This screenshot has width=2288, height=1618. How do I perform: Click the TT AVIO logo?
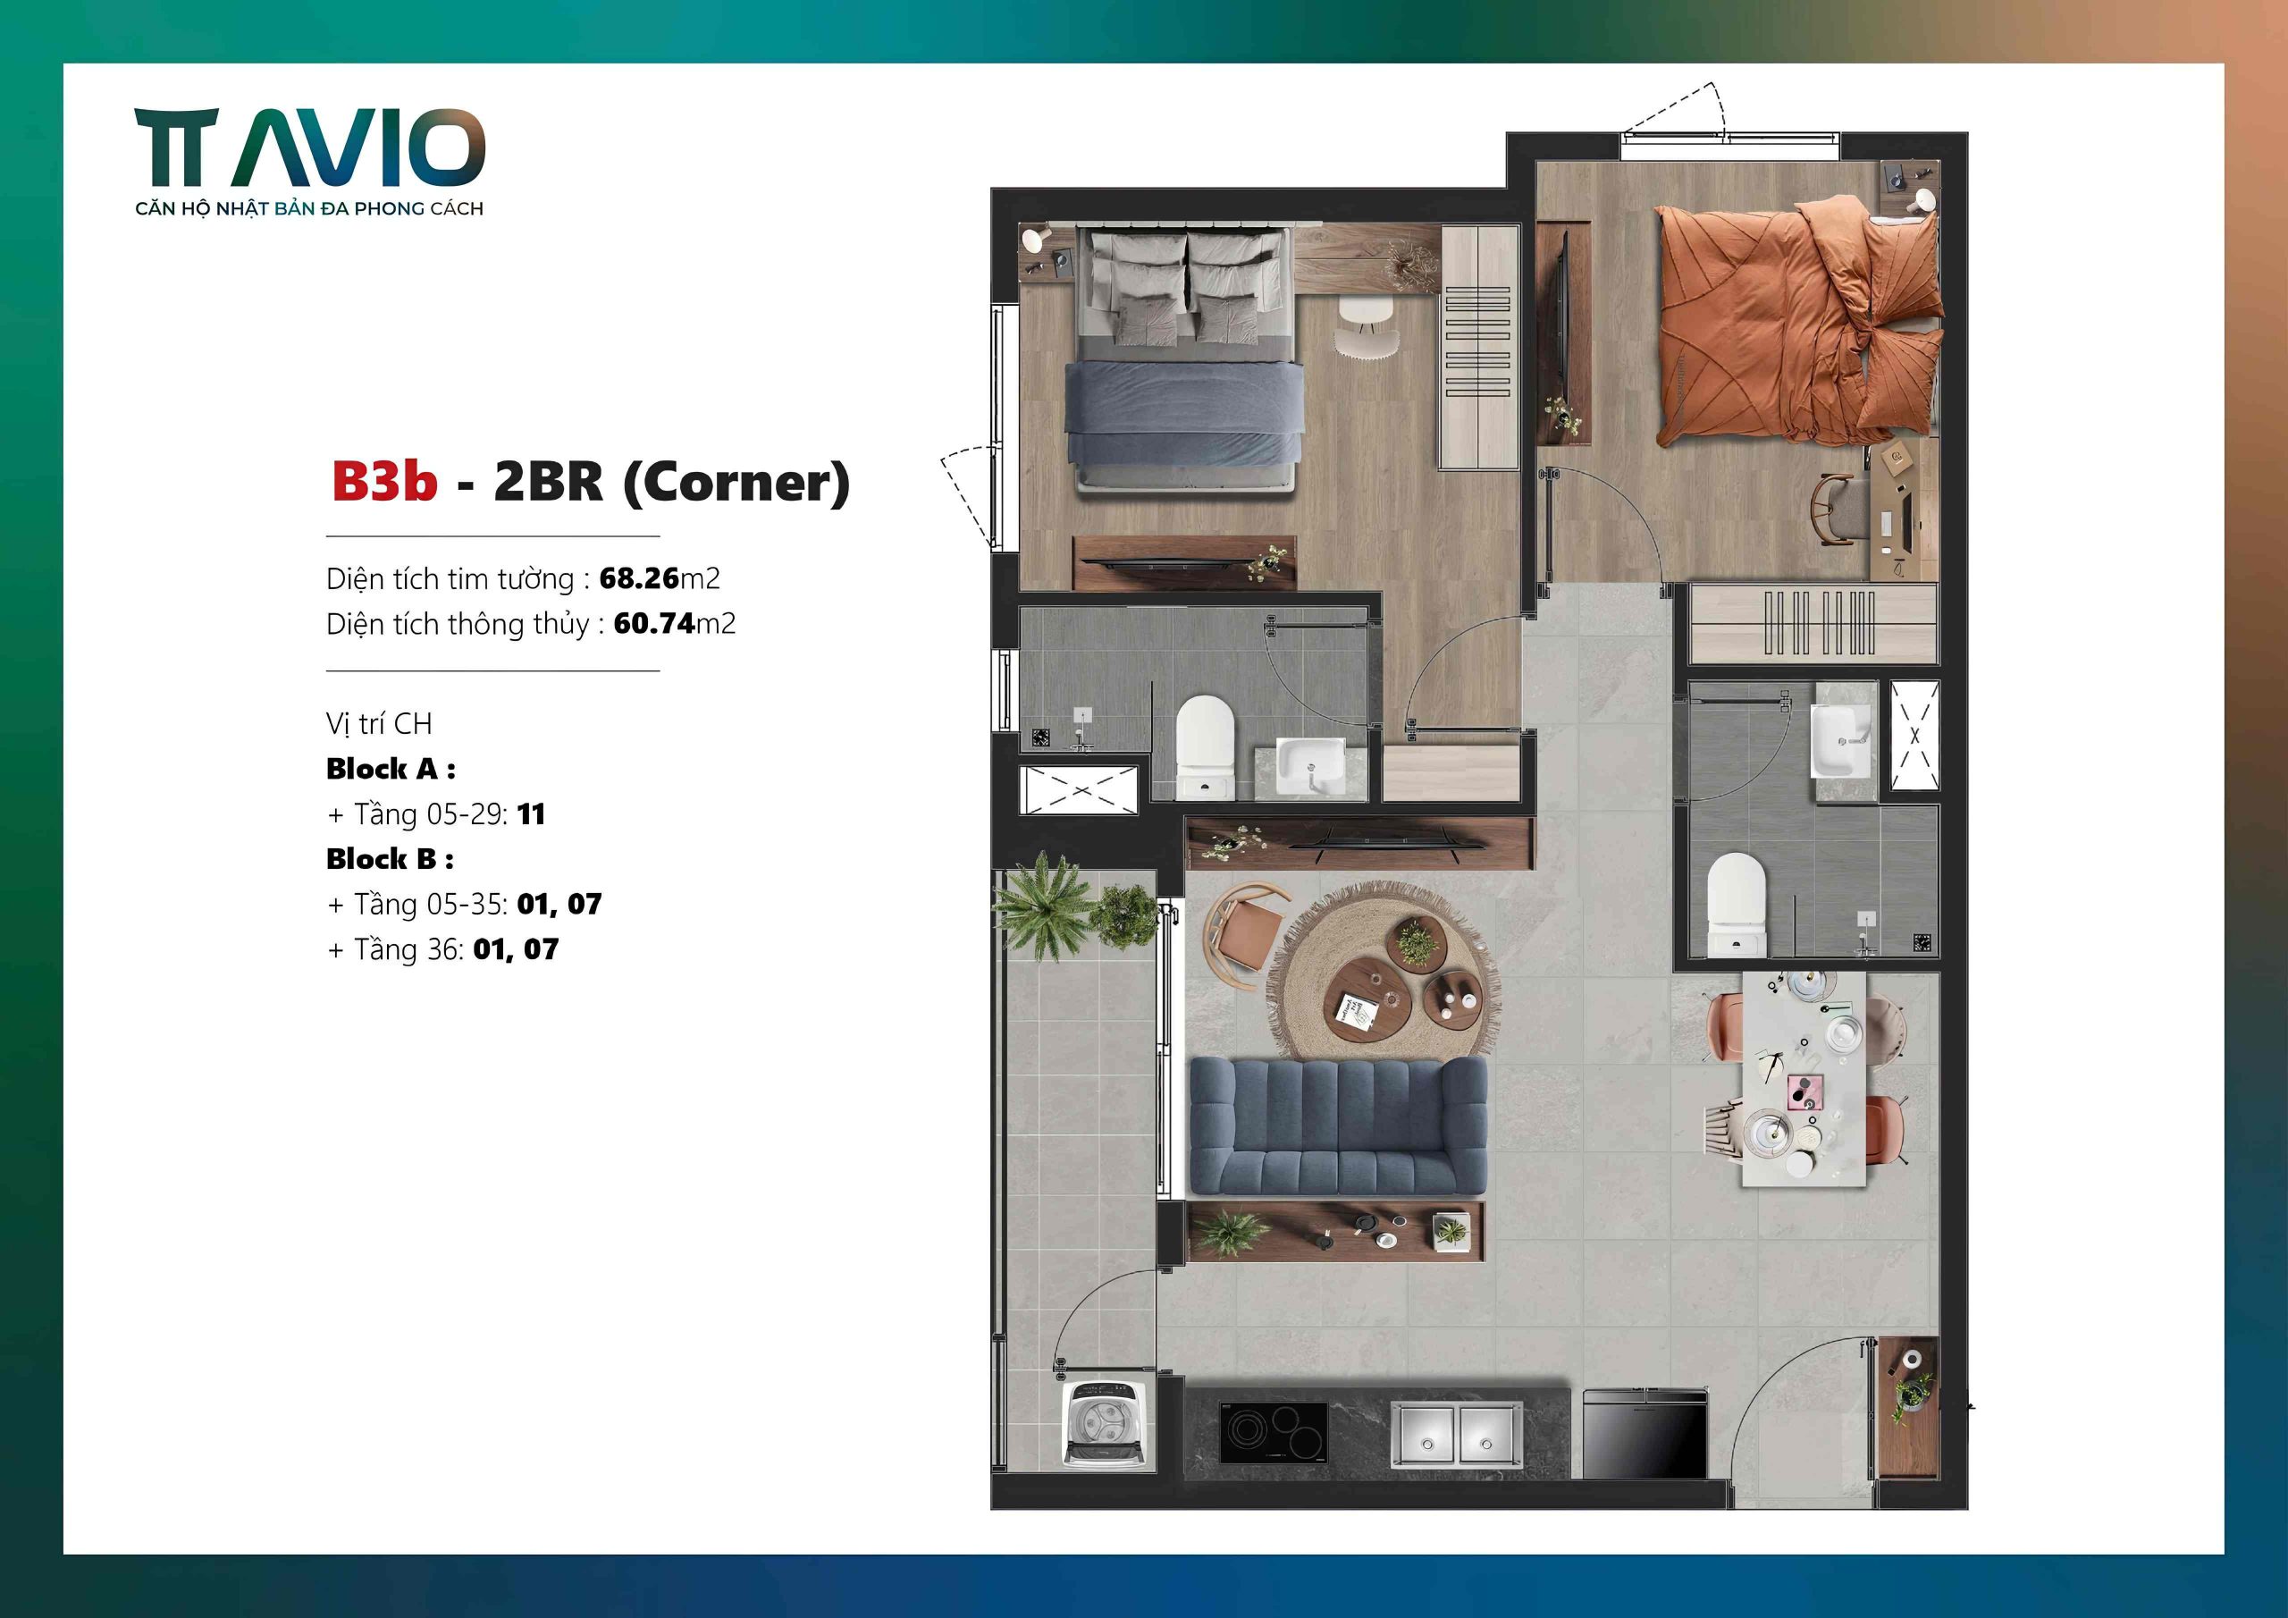coord(309,149)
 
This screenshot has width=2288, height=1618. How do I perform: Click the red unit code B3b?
coord(383,482)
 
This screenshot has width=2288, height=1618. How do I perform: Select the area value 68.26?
coord(639,578)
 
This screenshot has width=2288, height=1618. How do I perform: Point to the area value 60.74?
coord(653,623)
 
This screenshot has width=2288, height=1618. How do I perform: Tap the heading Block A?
coord(390,769)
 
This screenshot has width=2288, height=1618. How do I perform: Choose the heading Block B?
coord(390,858)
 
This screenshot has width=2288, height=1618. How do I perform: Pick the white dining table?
coord(1804,1076)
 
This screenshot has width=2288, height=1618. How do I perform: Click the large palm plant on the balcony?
coord(1041,903)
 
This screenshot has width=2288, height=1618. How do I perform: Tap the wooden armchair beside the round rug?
coord(1242,923)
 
